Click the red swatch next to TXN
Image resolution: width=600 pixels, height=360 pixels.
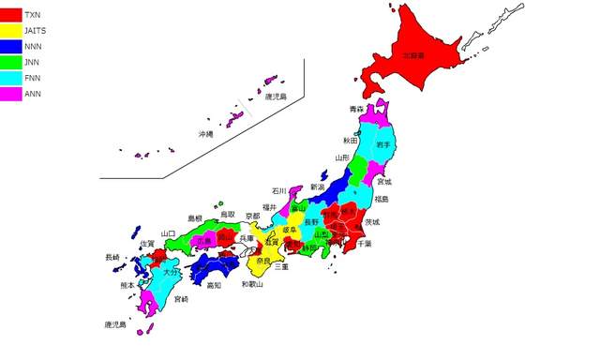click(x=11, y=15)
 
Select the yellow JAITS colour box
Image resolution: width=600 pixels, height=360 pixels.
click(x=11, y=31)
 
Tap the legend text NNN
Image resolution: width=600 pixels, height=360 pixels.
click(x=32, y=47)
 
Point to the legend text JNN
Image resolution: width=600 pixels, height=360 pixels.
click(x=32, y=63)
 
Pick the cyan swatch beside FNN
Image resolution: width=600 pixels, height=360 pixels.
click(x=11, y=79)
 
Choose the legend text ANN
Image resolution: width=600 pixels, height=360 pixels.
click(x=32, y=95)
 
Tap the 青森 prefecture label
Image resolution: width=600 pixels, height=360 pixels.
click(x=356, y=110)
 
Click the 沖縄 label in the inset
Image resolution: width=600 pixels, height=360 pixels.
click(x=205, y=134)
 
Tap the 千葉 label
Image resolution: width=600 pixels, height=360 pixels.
click(x=365, y=244)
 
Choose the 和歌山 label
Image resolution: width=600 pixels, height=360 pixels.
click(x=253, y=284)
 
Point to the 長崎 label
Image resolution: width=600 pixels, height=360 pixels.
click(x=112, y=257)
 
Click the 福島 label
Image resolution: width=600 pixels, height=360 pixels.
click(x=383, y=199)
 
